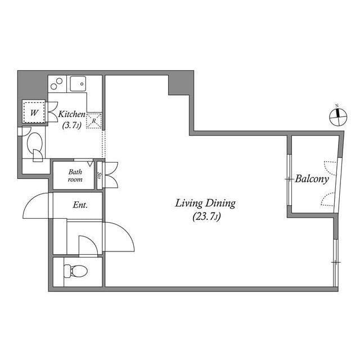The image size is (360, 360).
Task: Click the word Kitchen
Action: tap(72, 114)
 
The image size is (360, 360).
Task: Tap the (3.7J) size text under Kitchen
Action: tap(71, 125)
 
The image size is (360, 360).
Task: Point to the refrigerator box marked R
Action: tap(94, 120)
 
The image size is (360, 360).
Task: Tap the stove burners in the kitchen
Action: tap(57, 84)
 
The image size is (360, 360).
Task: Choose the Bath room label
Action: tap(75, 175)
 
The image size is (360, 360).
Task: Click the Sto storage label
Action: tap(100, 175)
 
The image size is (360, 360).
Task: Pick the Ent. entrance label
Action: tap(80, 205)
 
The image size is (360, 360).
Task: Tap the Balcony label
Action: tap(312, 179)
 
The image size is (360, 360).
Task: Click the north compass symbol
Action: tap(337, 116)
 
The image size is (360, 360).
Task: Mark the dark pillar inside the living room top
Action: tap(178, 84)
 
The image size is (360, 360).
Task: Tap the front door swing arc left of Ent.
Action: tap(37, 206)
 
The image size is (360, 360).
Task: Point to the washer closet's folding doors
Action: tap(52, 111)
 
